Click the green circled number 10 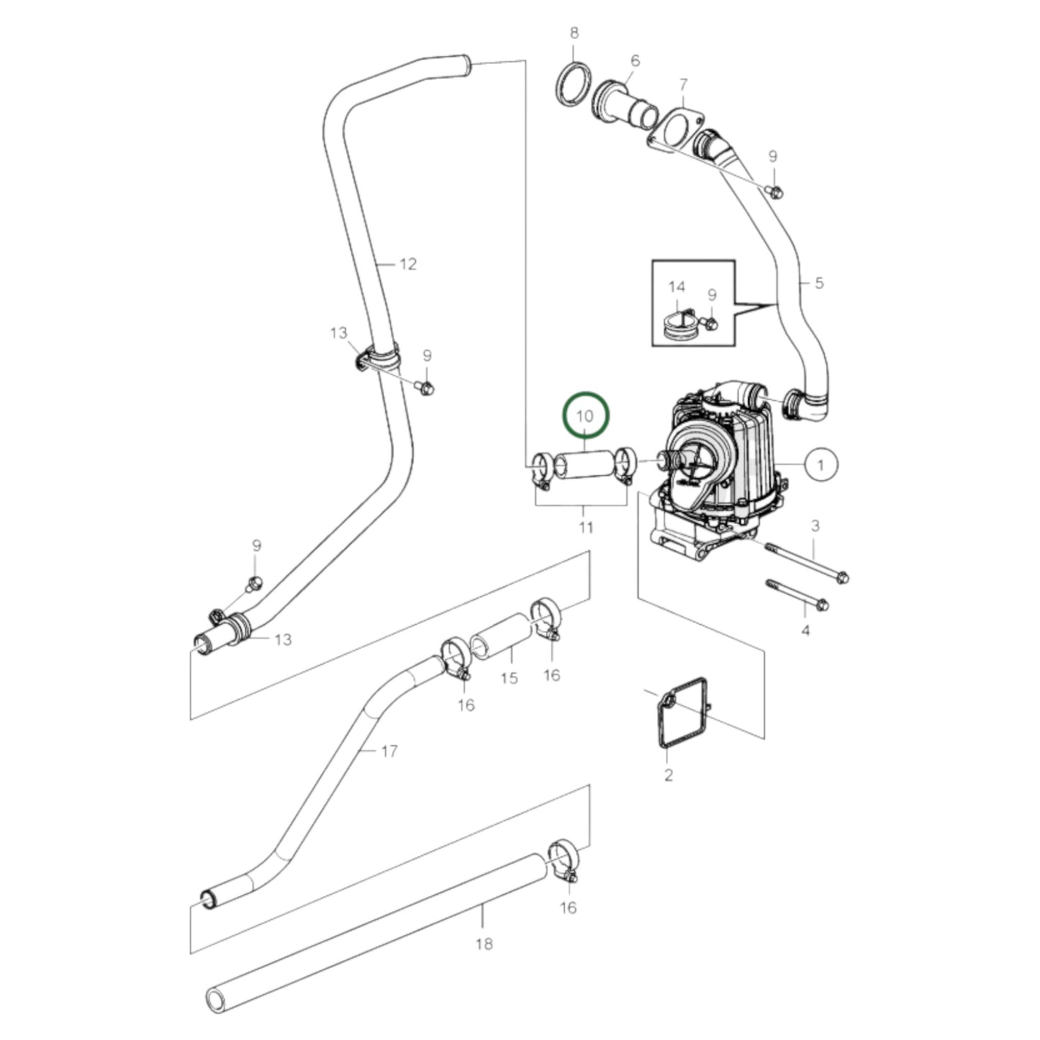(x=585, y=415)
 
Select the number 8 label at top (x=574, y=32)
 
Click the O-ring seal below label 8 (x=574, y=84)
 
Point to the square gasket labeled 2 (x=682, y=713)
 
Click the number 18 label (x=484, y=943)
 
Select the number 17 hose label (x=389, y=751)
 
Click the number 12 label (x=408, y=264)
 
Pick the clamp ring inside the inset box (x=680, y=326)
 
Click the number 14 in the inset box (x=677, y=287)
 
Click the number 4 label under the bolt (x=805, y=630)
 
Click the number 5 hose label (x=818, y=283)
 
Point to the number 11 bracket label (x=586, y=528)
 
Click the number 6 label (x=635, y=61)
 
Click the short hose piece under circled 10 (x=584, y=466)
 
